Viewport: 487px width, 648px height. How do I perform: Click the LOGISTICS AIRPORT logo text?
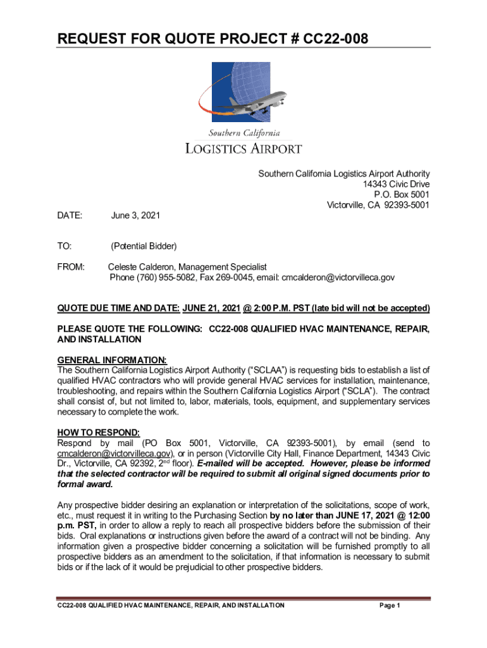[243, 149]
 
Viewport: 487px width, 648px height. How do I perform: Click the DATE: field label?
[70, 216]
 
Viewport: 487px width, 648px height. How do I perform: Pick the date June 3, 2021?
[135, 216]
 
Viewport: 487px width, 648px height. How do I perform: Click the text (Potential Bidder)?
[144, 246]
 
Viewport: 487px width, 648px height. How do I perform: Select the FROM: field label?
[71, 268]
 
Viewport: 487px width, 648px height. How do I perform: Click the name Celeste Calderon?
[142, 268]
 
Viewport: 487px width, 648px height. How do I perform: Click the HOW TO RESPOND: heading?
[98, 433]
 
